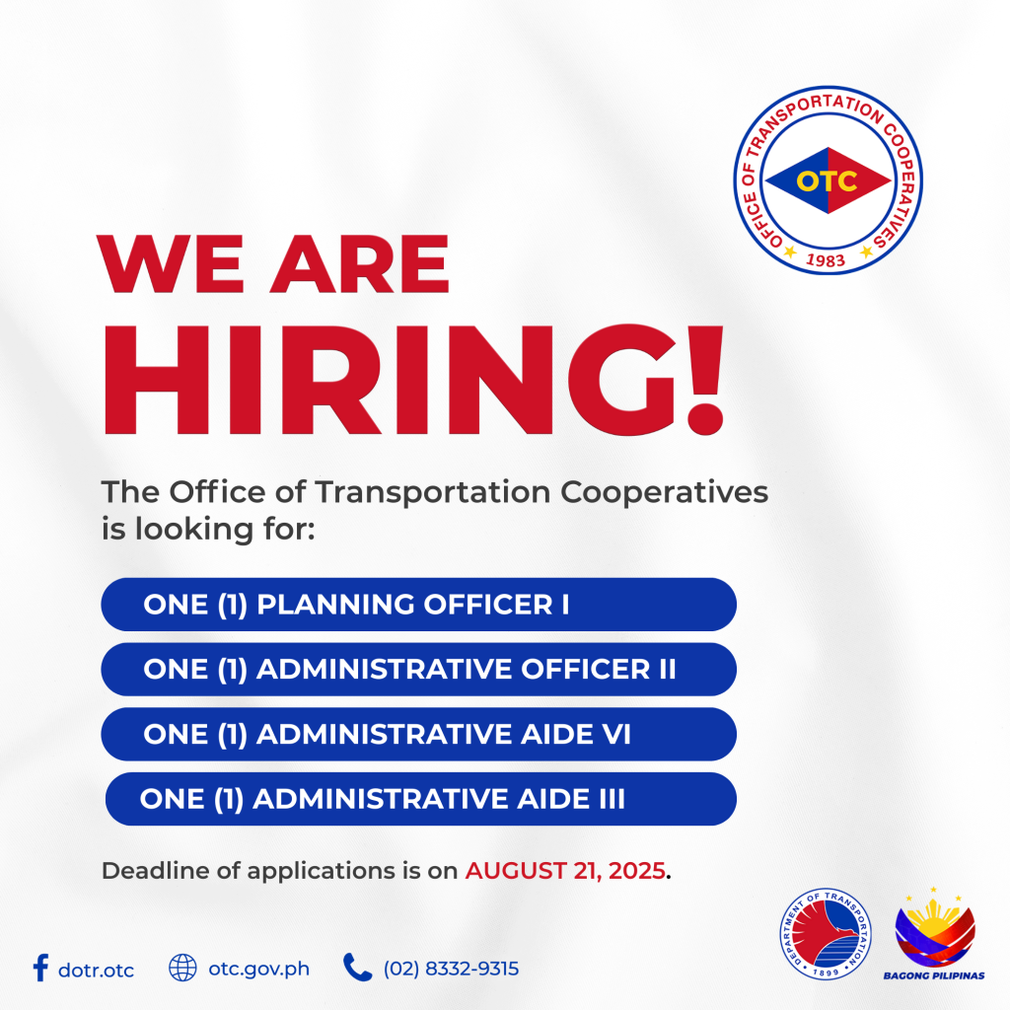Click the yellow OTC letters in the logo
828,181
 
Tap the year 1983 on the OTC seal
826,260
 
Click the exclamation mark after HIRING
705,380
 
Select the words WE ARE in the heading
272,264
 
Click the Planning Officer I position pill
418,605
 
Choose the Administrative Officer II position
418,670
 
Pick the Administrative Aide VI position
418,734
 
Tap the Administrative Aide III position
420,799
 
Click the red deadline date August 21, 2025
565,871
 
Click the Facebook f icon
40,968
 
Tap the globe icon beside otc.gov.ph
182,968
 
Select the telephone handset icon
357,968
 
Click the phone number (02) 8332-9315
451,969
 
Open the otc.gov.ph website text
259,970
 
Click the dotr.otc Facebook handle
96,971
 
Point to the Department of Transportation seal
826,934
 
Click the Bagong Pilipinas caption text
934,975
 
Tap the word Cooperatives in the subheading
664,493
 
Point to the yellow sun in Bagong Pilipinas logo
934,913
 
